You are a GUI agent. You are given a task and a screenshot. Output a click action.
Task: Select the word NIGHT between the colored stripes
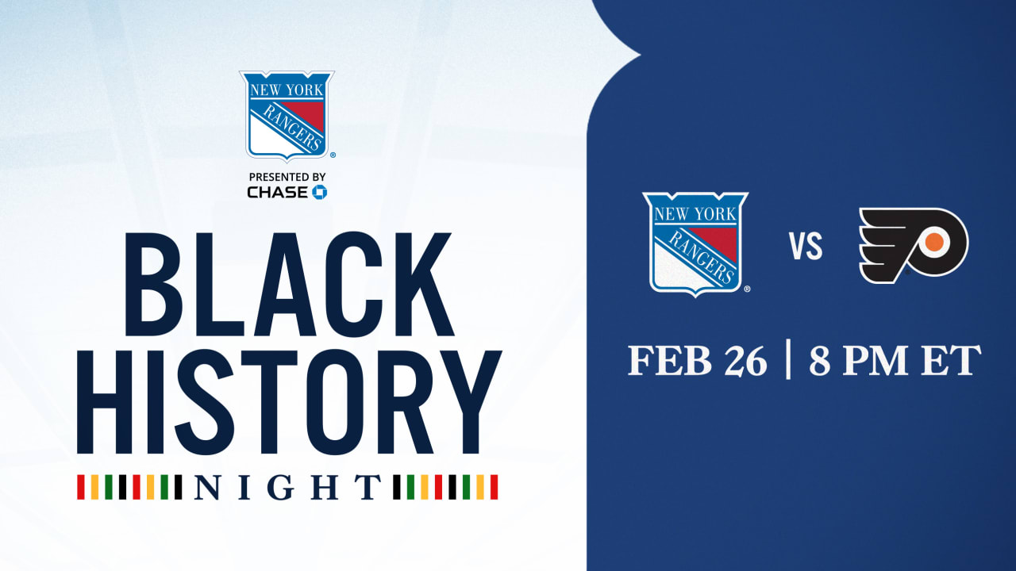coord(288,488)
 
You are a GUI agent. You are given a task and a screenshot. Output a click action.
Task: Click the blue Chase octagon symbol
coord(319,192)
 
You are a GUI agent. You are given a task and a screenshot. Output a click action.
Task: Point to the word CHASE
coord(277,192)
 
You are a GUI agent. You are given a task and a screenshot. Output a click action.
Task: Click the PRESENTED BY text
coord(287,176)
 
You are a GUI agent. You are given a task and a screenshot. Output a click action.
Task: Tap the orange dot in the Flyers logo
coord(935,240)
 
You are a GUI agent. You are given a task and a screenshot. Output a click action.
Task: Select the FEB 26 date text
coord(698,361)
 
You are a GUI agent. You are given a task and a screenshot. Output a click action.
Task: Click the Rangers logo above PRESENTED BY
coord(287,115)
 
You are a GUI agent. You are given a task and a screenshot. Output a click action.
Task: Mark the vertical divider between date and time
coord(788,361)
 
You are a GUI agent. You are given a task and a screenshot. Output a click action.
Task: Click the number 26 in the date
coord(745,361)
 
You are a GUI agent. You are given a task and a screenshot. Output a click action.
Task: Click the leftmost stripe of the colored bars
coord(80,487)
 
